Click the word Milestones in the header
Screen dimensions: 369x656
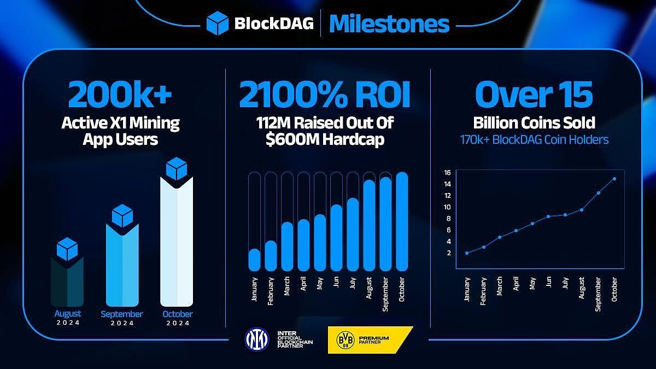tap(389, 24)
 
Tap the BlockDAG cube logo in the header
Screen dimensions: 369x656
tap(217, 24)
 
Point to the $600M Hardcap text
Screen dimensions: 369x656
tap(324, 139)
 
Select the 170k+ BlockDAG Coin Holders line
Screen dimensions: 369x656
tap(534, 140)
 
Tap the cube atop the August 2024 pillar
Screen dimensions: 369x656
tap(67, 249)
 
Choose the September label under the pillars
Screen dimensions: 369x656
tap(121, 314)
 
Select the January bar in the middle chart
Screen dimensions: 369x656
tap(254, 259)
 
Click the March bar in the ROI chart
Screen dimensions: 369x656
tap(287, 246)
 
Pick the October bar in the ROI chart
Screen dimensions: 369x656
tap(402, 221)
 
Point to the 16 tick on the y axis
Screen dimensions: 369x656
tap(447, 173)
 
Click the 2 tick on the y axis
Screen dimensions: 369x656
tap(448, 253)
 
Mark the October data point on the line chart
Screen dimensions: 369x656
tap(614, 179)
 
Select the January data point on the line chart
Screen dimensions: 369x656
tap(466, 253)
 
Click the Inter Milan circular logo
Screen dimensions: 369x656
tap(256, 339)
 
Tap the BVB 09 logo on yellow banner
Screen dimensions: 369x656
tap(342, 339)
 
